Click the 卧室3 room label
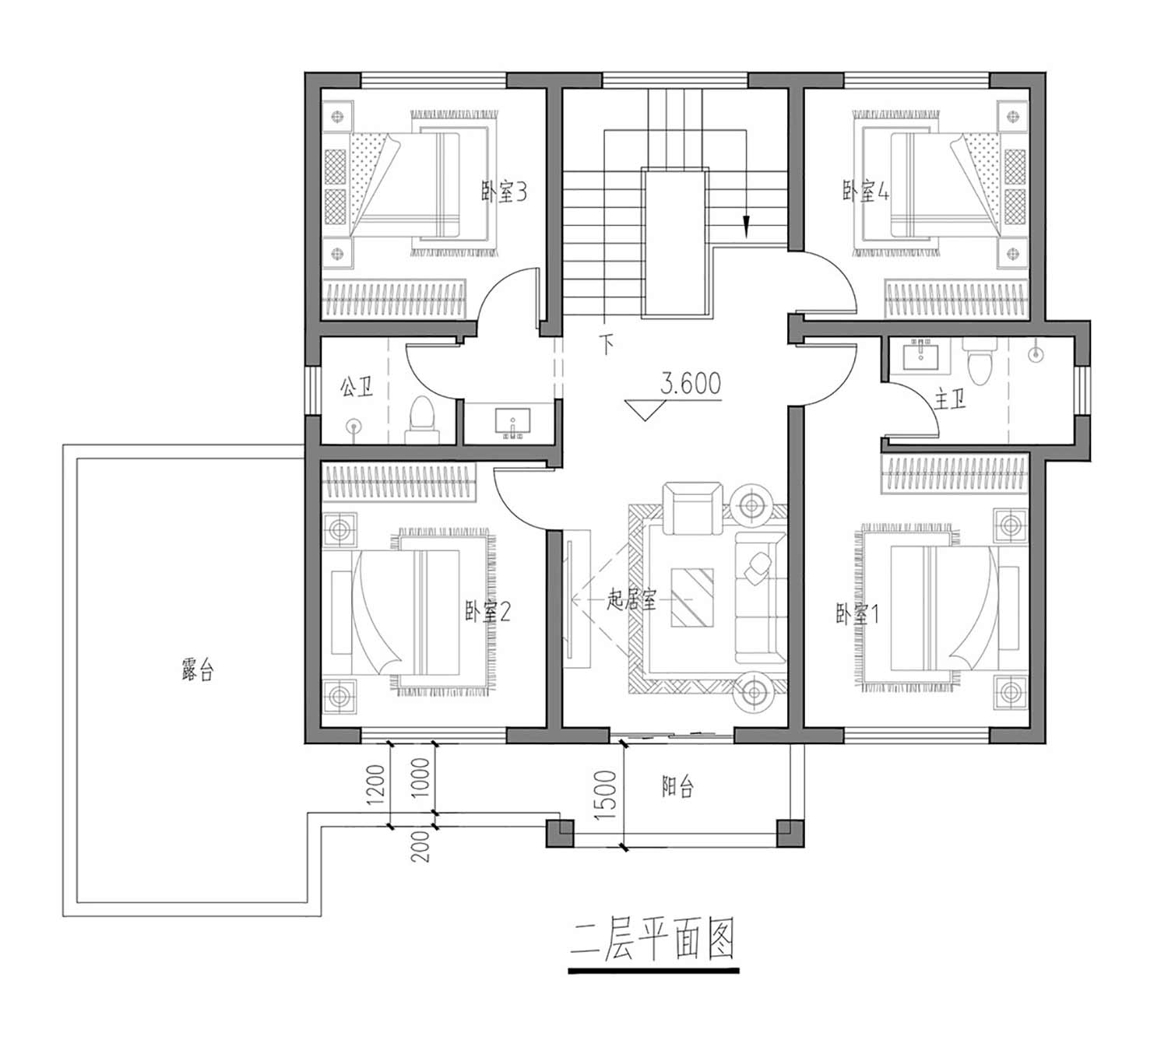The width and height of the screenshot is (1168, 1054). coord(504,191)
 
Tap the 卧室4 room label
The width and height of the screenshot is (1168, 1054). coord(865,191)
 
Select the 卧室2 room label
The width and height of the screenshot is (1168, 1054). coord(487,611)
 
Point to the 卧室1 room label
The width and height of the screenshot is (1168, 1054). coord(857,613)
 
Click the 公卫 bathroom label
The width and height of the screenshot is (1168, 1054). coord(357,387)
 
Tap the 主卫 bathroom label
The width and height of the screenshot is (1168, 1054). coord(950,400)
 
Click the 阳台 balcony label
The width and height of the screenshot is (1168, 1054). coord(677,787)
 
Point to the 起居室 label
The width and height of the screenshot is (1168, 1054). coord(631,599)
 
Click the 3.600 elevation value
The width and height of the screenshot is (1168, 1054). coord(691,383)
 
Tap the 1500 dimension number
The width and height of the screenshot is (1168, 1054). coord(606,796)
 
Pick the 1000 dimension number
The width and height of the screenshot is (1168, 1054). coord(420,778)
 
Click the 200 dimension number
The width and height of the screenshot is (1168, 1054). coord(420,846)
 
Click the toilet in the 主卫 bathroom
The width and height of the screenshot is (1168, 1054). coord(977,361)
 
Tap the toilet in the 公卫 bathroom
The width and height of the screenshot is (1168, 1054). coord(421,420)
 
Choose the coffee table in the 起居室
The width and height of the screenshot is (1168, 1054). coord(692,598)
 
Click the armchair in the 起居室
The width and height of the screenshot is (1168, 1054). coord(693,508)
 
